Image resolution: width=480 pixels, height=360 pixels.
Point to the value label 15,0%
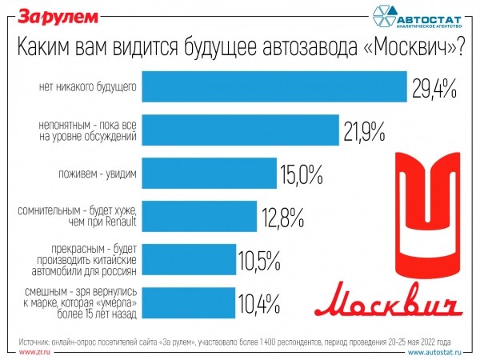point(301,174)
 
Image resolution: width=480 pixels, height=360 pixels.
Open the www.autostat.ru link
point(441,351)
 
